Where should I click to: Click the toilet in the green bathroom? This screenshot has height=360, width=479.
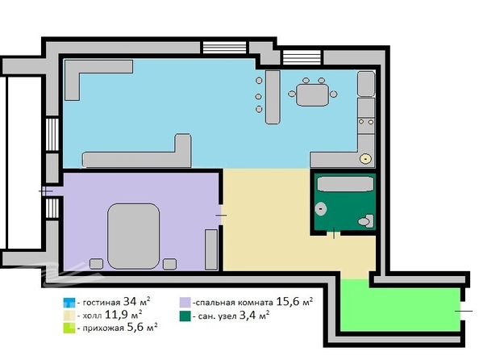(366, 221)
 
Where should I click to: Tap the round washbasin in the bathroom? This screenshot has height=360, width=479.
(320, 209)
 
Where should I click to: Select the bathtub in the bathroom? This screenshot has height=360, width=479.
(345, 184)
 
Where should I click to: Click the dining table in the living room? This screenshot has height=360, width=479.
(313, 94)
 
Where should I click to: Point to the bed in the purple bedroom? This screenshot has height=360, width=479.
(134, 237)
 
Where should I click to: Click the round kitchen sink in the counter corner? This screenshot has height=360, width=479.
(365, 159)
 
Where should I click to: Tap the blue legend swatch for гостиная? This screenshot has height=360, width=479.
(69, 303)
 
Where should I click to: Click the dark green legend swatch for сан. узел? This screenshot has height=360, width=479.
(185, 316)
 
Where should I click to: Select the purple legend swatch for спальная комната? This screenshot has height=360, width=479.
(185, 303)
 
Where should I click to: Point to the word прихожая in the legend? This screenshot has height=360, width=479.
(103, 329)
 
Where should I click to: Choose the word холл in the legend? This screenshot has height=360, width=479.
(93, 316)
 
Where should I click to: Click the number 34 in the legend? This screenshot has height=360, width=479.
(130, 302)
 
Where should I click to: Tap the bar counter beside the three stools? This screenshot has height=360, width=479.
(273, 97)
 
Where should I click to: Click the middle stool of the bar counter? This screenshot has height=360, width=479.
(258, 97)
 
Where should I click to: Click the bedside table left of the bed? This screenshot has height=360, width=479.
(96, 264)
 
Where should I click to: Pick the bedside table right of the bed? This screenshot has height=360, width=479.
(169, 264)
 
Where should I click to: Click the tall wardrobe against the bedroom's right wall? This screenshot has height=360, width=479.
(211, 249)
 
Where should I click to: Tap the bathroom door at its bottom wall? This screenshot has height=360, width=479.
(334, 234)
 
